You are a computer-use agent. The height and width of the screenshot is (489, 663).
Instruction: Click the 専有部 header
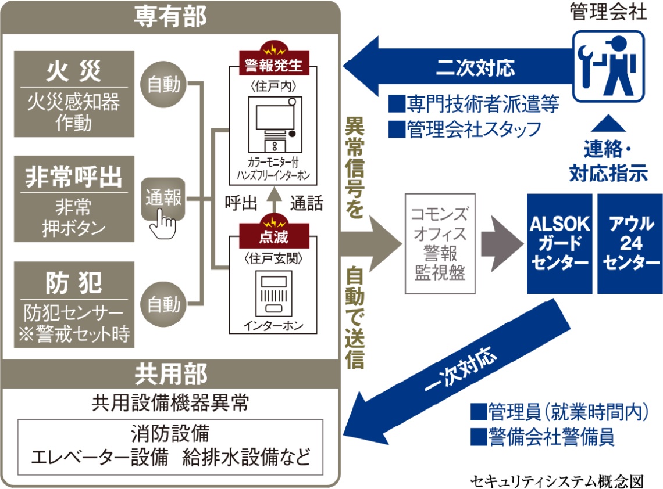point(170,17)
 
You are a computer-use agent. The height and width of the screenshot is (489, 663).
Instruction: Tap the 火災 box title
point(74,71)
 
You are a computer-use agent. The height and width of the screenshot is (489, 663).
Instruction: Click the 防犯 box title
point(74,283)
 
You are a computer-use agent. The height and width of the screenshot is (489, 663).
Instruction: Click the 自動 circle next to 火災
point(163,86)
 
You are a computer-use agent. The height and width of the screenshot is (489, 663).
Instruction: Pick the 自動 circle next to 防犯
point(163,303)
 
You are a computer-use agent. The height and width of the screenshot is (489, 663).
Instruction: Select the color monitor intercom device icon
point(272,124)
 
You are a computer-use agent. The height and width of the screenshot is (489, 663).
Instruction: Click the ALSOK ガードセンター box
point(559,243)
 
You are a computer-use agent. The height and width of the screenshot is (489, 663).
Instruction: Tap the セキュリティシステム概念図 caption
point(558,481)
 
